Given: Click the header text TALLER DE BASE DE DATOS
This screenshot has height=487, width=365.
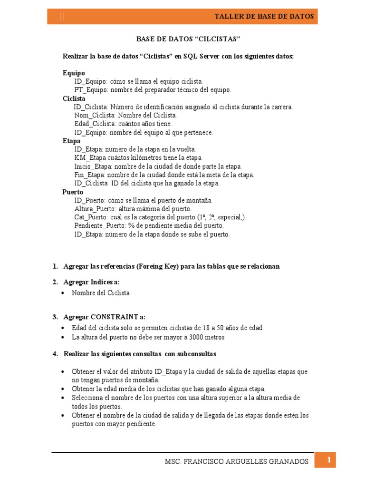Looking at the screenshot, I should click(x=264, y=16).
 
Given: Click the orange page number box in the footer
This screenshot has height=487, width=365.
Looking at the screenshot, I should click(x=328, y=460).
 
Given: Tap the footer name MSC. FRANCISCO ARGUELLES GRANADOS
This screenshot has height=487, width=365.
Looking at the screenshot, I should click(x=236, y=462).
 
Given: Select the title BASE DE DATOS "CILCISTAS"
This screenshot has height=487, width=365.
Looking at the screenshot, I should click(x=182, y=39).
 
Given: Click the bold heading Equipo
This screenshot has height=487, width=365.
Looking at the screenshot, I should click(x=74, y=73).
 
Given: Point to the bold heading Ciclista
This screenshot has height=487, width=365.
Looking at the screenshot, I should click(x=74, y=98).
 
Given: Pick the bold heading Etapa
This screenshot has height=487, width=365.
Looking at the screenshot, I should click(x=72, y=141).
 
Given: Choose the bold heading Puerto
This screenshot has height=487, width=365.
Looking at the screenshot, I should click(x=73, y=192).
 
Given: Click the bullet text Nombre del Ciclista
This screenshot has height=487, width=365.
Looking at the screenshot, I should click(x=101, y=293).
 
